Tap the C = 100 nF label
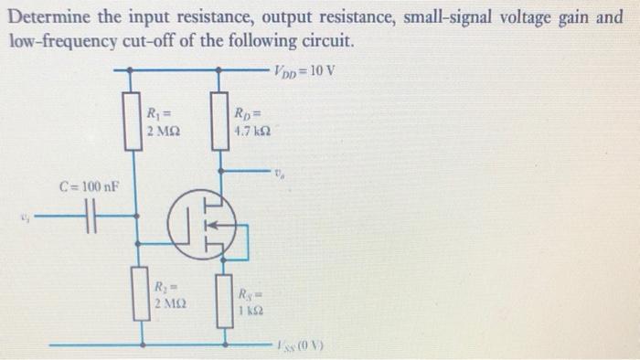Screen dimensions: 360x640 pos(88,187)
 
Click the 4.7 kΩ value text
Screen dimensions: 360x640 pos(251,131)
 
